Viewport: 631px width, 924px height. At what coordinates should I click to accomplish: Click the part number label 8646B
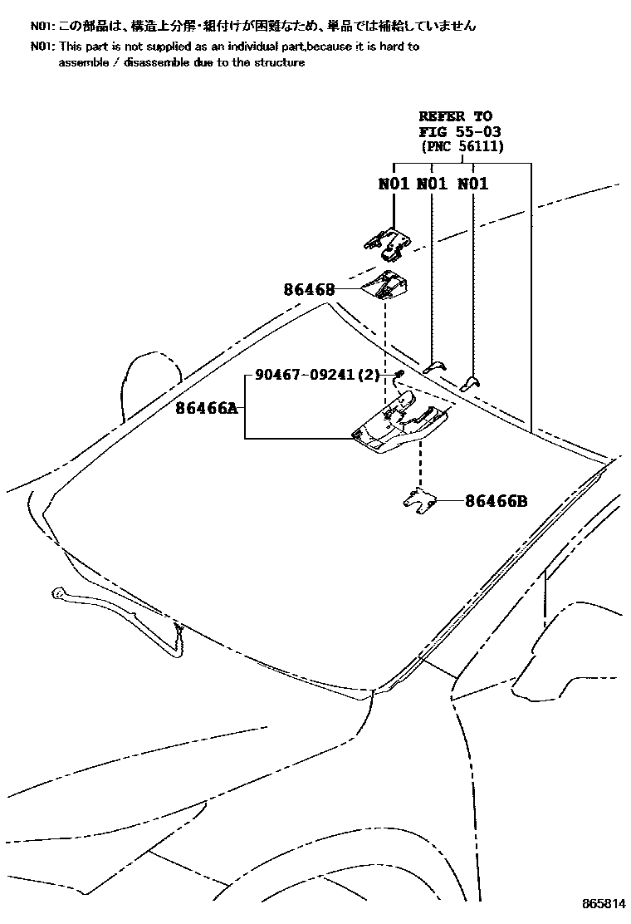click(x=309, y=289)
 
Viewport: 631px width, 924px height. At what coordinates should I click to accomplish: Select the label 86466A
click(x=207, y=407)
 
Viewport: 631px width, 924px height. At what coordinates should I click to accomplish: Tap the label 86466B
click(x=496, y=501)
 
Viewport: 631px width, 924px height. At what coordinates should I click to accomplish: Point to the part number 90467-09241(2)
click(x=317, y=374)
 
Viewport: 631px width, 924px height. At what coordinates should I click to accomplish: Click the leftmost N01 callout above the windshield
click(x=394, y=184)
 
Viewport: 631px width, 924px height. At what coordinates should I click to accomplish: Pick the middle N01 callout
click(x=432, y=184)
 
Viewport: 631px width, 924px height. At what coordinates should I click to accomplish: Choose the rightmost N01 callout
click(x=473, y=184)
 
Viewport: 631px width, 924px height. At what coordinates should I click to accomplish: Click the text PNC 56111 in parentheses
click(x=462, y=146)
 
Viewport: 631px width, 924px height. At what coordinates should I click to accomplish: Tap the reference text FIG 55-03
click(x=460, y=131)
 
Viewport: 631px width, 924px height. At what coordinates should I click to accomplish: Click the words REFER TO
click(x=456, y=116)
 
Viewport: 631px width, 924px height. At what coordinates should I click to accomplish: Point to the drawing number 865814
click(x=604, y=903)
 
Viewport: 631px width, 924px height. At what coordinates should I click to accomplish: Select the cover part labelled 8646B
click(x=385, y=285)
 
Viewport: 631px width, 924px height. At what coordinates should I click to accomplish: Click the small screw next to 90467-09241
click(x=399, y=374)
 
